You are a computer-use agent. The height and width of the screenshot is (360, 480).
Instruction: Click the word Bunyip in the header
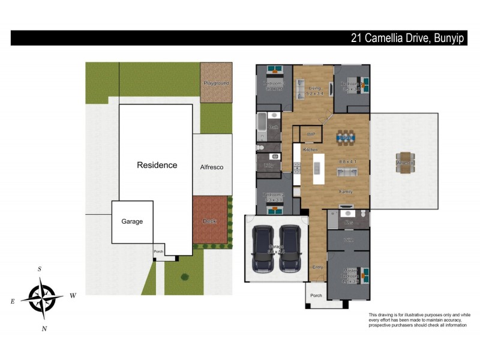click(453, 38)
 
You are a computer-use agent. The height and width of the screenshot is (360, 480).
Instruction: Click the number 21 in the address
click(357, 38)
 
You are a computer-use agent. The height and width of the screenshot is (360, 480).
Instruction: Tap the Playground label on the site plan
click(216, 83)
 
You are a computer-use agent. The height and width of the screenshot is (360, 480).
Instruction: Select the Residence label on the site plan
click(157, 165)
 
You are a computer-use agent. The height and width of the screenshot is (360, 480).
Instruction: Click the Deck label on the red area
click(209, 221)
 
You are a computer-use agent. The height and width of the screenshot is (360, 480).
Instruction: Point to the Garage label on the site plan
click(133, 221)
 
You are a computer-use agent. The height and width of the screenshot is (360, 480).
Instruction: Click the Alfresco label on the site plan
click(212, 167)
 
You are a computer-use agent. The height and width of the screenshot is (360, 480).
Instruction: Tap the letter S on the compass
click(40, 269)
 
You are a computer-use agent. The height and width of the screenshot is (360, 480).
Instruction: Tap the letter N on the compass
click(44, 328)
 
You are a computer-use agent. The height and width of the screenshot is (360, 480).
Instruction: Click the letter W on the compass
click(73, 295)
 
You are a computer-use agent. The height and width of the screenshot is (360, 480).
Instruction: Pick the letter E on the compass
click(13, 301)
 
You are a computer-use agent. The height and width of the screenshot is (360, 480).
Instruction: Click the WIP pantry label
click(311, 134)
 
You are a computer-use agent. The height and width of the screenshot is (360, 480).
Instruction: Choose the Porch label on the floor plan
click(316, 296)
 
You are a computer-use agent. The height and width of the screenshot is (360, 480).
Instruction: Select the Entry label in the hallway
click(317, 266)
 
